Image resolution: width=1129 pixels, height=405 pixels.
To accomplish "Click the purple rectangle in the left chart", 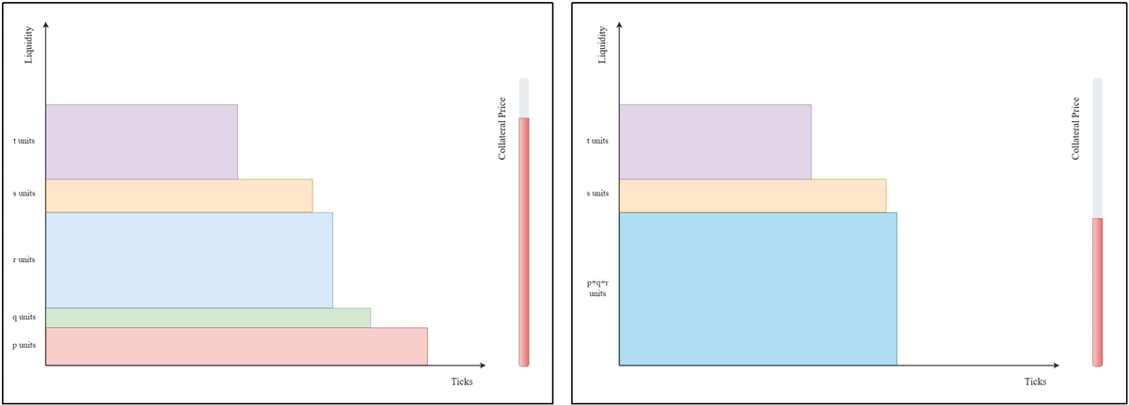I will pyautogui.click(x=141, y=141).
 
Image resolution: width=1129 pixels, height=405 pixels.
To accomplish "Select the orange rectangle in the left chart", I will pyautogui.click(x=179, y=195).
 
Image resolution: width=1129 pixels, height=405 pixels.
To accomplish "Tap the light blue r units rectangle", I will pyautogui.click(x=188, y=260).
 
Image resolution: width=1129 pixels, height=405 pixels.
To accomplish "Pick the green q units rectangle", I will pyautogui.click(x=207, y=318).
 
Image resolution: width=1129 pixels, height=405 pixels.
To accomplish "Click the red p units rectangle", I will pyautogui.click(x=235, y=346).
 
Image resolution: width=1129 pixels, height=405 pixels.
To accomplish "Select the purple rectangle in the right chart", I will pyautogui.click(x=715, y=141).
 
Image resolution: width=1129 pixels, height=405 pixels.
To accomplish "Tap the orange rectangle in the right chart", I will pyautogui.click(x=753, y=195).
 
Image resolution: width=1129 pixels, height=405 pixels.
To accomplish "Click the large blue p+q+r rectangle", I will pyautogui.click(x=757, y=288).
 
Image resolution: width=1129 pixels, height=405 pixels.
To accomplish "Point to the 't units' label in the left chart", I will pyautogui.click(x=24, y=141).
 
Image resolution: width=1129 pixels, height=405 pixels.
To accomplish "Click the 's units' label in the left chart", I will pyautogui.click(x=24, y=194).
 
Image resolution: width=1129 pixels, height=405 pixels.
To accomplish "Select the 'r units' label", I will pyautogui.click(x=24, y=259).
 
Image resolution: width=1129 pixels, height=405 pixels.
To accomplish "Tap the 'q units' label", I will pyautogui.click(x=24, y=317).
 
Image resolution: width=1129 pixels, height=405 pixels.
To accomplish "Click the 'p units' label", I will pyautogui.click(x=24, y=345).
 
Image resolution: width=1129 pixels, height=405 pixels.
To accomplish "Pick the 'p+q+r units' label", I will pyautogui.click(x=597, y=287).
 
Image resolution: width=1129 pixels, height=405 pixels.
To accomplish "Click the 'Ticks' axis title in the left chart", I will pyautogui.click(x=461, y=382).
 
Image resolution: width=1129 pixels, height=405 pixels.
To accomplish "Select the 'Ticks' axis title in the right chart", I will pyautogui.click(x=1035, y=382).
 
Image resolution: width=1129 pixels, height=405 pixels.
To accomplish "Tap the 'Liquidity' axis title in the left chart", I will pyautogui.click(x=29, y=46).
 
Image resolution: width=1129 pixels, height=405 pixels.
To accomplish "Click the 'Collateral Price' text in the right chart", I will pyautogui.click(x=1075, y=128).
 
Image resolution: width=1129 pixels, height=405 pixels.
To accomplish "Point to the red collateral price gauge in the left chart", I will pyautogui.click(x=524, y=240).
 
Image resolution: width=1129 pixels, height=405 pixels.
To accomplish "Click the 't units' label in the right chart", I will pyautogui.click(x=597, y=141).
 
